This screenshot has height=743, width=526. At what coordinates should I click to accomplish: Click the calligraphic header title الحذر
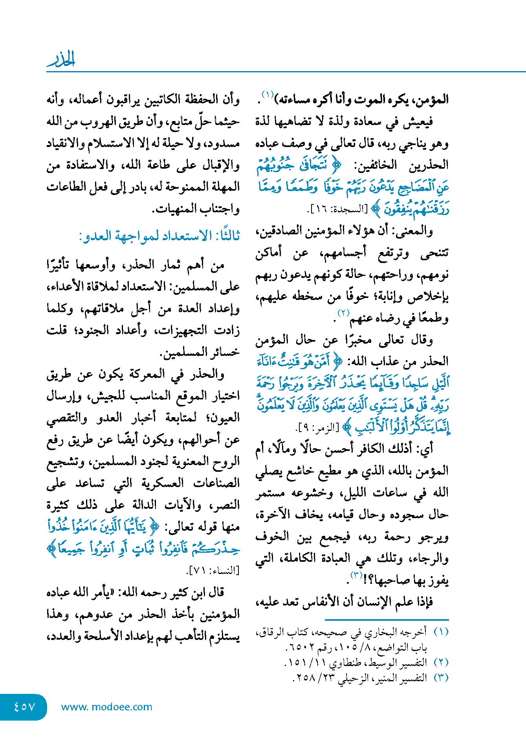coord(61,59)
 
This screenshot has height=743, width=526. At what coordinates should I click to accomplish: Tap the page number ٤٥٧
coord(24,706)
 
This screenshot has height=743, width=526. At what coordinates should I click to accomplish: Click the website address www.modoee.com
coord(106,707)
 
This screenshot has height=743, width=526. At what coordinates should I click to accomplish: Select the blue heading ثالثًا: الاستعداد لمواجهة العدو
coord(159,236)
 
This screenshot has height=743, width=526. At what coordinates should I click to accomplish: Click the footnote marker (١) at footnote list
coord(441,632)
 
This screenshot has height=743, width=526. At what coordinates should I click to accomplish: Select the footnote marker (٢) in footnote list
coord(441,662)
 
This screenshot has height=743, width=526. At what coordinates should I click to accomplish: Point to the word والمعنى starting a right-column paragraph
coord(416,231)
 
